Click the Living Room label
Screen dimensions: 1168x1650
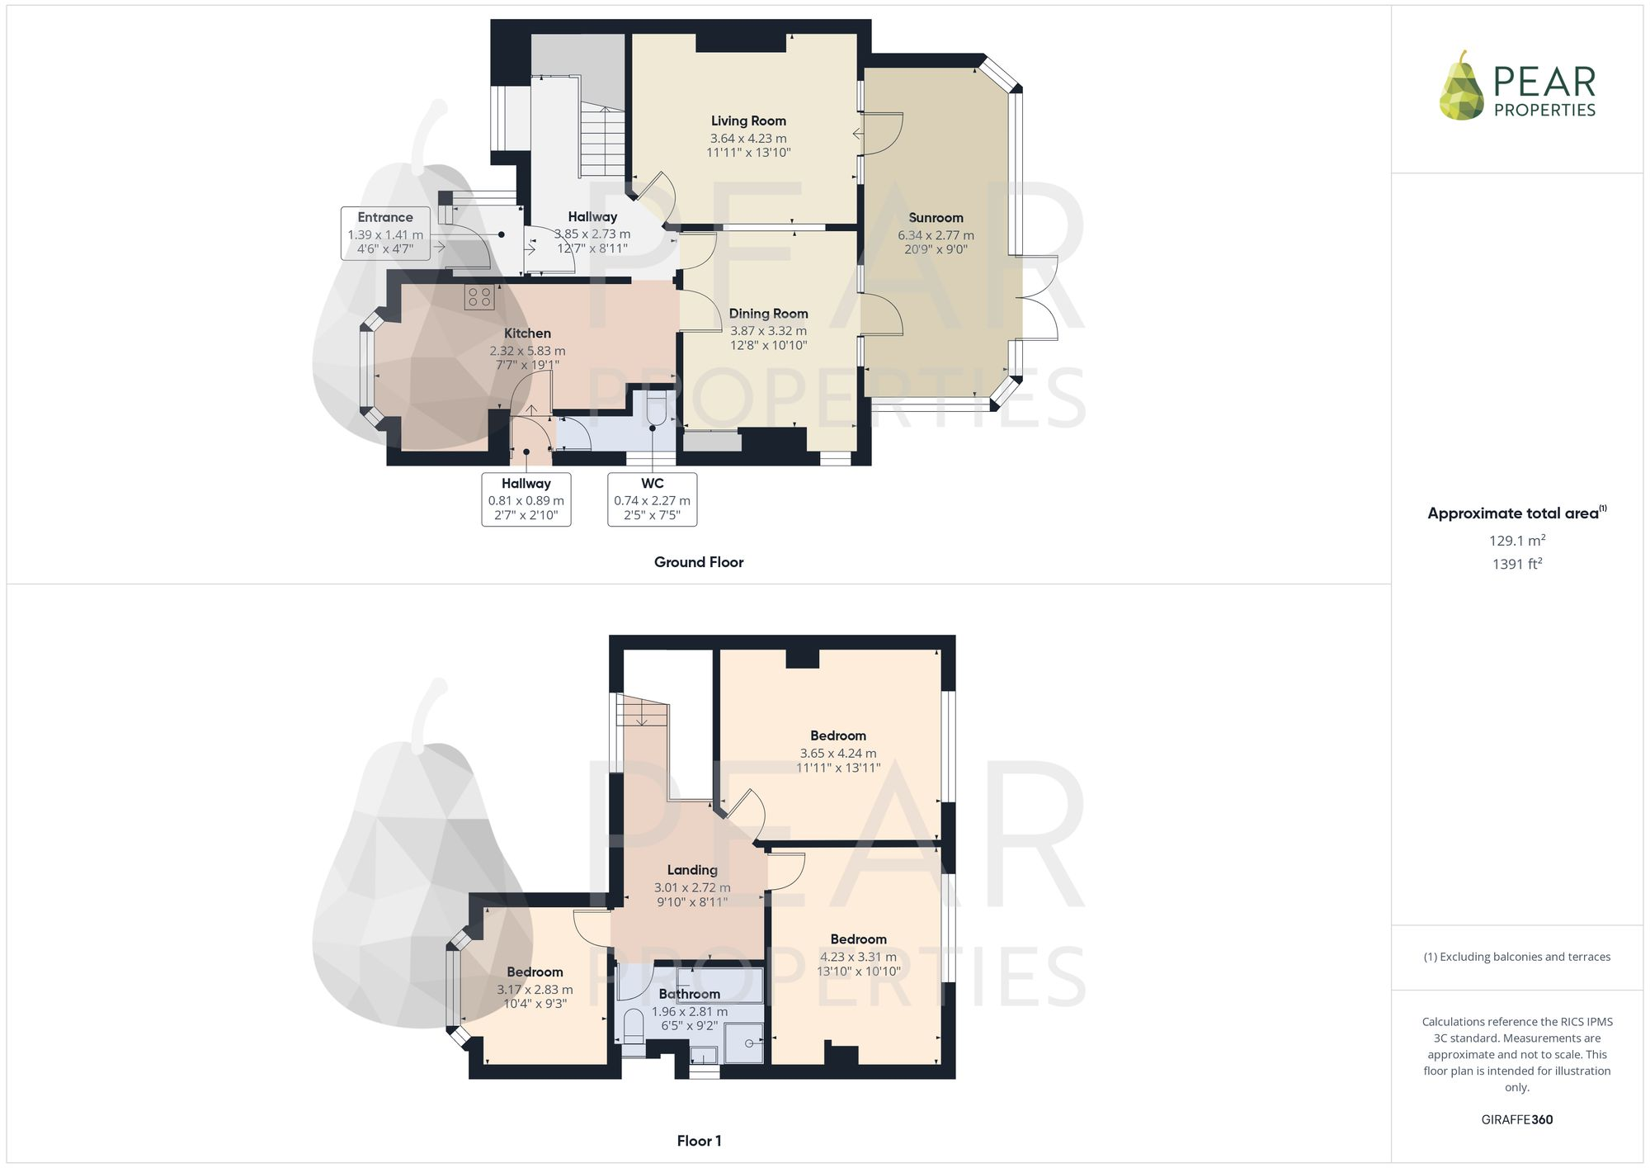pyautogui.click(x=748, y=121)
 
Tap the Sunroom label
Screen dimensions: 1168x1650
pyautogui.click(x=936, y=218)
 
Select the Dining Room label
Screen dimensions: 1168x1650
pyautogui.click(x=768, y=314)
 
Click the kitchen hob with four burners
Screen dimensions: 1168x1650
pyautogui.click(x=479, y=297)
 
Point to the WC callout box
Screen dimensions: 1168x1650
pyautogui.click(x=652, y=499)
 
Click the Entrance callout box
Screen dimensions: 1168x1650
pyautogui.click(x=385, y=234)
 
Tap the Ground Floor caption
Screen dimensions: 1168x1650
pyautogui.click(x=699, y=562)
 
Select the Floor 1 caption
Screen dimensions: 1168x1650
pyautogui.click(x=699, y=1141)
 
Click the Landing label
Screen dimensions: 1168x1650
pyautogui.click(x=692, y=870)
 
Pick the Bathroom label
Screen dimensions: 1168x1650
pyautogui.click(x=689, y=994)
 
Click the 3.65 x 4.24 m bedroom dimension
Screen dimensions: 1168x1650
pyautogui.click(x=838, y=753)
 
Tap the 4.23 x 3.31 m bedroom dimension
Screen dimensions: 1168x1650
pyautogui.click(x=858, y=957)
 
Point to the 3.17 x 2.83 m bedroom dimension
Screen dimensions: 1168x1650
pyautogui.click(x=535, y=990)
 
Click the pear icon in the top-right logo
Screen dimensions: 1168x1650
pyautogui.click(x=1461, y=87)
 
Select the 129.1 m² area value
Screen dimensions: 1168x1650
pyautogui.click(x=1517, y=541)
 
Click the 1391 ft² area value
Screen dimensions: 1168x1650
pyautogui.click(x=1517, y=565)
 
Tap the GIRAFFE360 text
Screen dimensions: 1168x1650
pyautogui.click(x=1517, y=1120)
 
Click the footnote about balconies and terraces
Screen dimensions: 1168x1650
pyautogui.click(x=1517, y=957)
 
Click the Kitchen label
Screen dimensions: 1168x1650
pyautogui.click(x=527, y=333)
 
